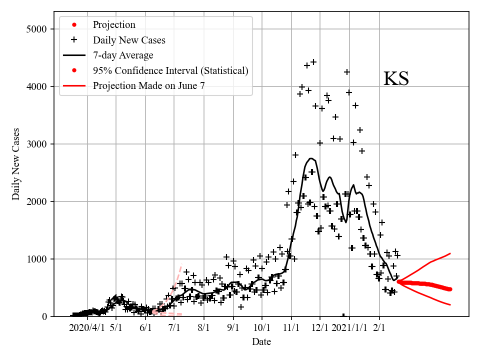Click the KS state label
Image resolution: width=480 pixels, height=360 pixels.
(396, 79)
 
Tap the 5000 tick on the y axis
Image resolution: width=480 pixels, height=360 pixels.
(36, 29)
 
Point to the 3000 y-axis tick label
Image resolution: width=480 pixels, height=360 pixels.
(36, 144)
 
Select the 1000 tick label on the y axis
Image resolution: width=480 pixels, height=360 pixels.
(36, 259)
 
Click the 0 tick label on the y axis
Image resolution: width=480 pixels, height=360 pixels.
(44, 316)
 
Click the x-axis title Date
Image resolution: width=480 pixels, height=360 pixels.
(261, 342)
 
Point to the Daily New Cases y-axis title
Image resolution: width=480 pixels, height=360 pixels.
(16, 164)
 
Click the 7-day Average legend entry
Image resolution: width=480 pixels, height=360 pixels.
(123, 55)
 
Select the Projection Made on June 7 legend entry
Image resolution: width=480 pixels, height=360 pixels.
(148, 85)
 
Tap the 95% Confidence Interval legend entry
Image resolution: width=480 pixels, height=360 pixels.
(170, 70)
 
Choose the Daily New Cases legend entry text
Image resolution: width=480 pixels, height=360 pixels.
(129, 40)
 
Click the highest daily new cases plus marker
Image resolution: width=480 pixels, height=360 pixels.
(313, 62)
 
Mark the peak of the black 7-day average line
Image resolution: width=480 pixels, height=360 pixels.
(311, 158)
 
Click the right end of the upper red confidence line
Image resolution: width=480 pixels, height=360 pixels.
(450, 253)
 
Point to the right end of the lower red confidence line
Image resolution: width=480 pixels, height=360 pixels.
(450, 304)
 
